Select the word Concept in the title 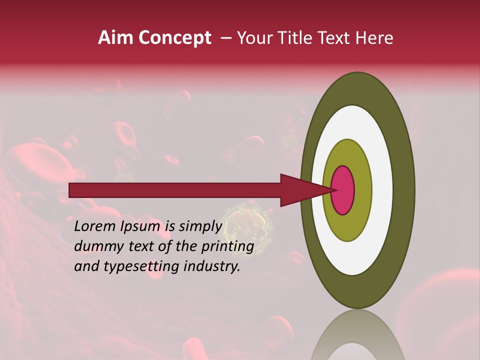click(174, 38)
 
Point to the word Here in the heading click(374, 38)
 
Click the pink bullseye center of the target click(343, 190)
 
